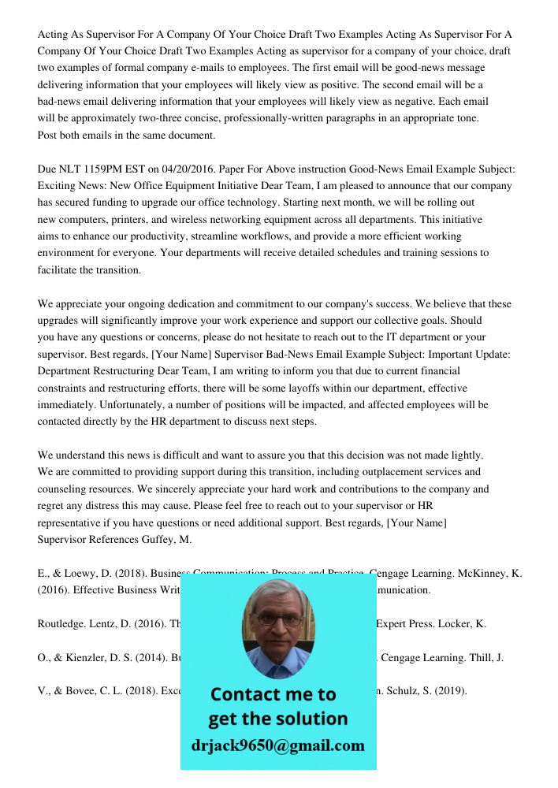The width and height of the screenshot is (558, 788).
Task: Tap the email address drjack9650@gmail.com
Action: coord(278,745)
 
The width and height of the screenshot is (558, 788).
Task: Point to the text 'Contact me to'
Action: coord(273,694)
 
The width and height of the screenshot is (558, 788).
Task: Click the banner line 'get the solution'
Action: coord(277,719)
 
